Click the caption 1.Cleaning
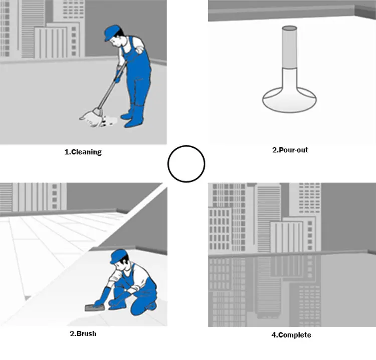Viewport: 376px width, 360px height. coord(83,152)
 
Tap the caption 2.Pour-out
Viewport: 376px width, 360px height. coord(290,150)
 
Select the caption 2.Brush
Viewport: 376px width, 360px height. coord(83,333)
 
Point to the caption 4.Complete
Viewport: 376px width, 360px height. coord(291,335)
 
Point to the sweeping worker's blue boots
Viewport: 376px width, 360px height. coord(133,116)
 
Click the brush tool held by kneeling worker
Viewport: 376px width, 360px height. coord(95,308)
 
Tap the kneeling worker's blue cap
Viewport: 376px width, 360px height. coord(118,256)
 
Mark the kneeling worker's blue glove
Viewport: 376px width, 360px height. coord(101,296)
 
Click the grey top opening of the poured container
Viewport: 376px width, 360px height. coord(290,28)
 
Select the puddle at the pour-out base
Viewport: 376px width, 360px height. coord(289,100)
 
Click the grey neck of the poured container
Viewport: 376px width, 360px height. coord(290,48)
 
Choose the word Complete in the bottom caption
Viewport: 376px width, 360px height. coord(295,335)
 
